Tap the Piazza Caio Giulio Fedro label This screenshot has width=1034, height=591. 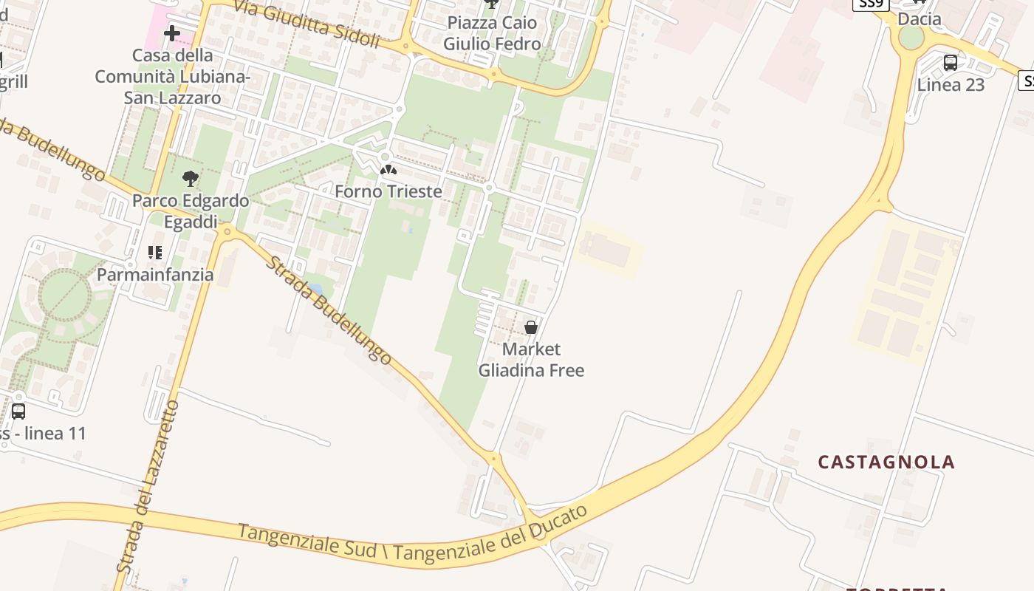coord(492,33)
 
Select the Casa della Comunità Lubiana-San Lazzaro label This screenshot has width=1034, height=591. coord(173,76)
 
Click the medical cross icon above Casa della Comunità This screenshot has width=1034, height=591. coord(172,33)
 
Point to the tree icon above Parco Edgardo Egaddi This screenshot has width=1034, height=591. coord(191,178)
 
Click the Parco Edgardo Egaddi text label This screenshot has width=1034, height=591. coord(191,211)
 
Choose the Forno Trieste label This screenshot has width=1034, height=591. coord(388,191)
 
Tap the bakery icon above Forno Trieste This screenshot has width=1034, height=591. coord(388,171)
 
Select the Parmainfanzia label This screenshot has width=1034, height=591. coord(156,275)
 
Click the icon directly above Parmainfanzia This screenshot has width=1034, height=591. coord(155,253)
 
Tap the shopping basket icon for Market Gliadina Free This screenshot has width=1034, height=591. coord(531,327)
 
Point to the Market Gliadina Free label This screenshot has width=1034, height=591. coord(531,359)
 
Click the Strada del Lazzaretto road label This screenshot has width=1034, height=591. coord(148,488)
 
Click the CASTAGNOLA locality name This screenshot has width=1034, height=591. coord(886,462)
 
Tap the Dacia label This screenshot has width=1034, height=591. coord(919,19)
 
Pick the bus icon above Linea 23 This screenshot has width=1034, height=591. coord(951,63)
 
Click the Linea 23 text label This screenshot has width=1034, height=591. coord(951,85)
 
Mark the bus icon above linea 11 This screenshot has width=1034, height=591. coord(18,411)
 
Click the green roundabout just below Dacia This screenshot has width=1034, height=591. coord(911,38)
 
